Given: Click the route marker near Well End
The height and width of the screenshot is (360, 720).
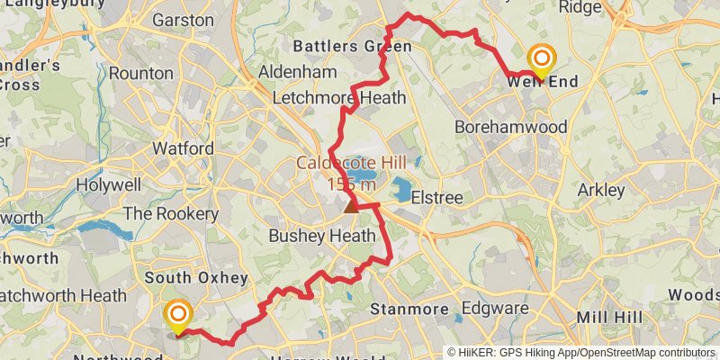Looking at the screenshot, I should [x=541, y=58].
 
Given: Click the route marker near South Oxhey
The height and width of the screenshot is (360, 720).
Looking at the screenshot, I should [x=178, y=314].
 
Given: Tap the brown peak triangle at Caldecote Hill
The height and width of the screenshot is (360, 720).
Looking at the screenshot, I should [x=351, y=206].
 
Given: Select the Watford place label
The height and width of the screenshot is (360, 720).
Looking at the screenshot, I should [x=183, y=148].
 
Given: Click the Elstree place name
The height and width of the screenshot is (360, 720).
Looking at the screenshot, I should [x=436, y=197].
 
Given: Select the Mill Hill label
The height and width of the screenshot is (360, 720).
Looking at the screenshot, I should [x=608, y=318].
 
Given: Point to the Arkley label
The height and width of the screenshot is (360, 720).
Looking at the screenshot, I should [x=600, y=191].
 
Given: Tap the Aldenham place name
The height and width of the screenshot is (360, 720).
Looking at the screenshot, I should [x=297, y=71].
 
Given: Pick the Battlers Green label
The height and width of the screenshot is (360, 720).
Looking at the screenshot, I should [x=352, y=45].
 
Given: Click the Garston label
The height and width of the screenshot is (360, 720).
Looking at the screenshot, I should [x=183, y=19].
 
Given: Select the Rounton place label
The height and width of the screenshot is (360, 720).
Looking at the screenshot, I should [x=139, y=74].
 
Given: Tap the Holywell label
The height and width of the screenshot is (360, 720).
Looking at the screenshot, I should [x=109, y=185].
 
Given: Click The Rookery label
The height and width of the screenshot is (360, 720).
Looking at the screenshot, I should [x=170, y=213].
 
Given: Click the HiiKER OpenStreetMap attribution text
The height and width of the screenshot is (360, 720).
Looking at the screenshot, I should [x=580, y=352].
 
